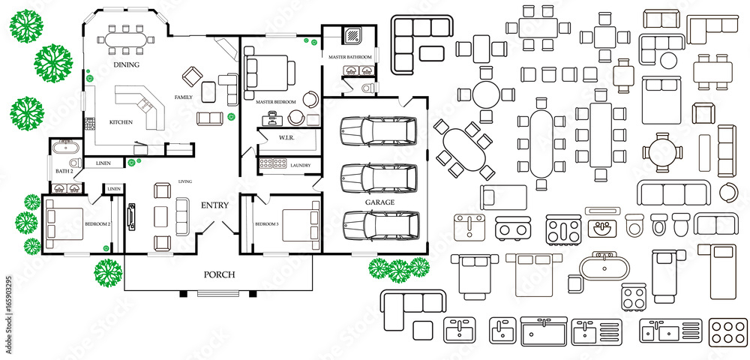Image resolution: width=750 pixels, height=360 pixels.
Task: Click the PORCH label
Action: (x=219, y=274)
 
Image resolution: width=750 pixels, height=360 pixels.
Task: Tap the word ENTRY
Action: (x=214, y=205)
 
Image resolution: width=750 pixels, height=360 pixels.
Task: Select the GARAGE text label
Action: (x=379, y=202)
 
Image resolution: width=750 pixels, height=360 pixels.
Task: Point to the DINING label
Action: (x=127, y=65)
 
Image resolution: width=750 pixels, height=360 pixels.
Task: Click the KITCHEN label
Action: (x=121, y=122)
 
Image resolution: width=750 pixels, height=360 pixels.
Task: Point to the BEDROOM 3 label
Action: (x=266, y=224)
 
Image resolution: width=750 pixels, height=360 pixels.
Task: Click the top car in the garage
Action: (x=379, y=131)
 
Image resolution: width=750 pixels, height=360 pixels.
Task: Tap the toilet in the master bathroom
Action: (x=367, y=88)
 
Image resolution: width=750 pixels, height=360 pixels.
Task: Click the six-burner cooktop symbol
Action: (x=725, y=331)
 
